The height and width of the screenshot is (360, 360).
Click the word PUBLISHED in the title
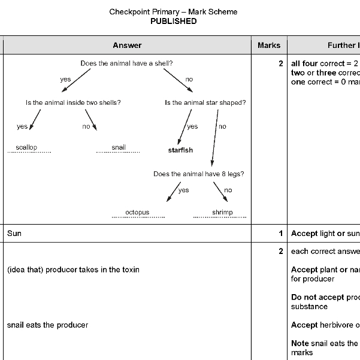[x=173, y=21]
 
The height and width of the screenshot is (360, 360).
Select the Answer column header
[x=127, y=45]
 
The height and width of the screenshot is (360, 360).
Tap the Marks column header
[x=269, y=45]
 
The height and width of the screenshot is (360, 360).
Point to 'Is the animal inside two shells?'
[x=73, y=102]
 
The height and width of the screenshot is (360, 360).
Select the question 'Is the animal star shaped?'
[x=205, y=102]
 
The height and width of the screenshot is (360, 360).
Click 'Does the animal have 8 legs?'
[x=198, y=174]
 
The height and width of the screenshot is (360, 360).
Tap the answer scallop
[x=26, y=147]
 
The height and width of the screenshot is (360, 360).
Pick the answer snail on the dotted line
[x=119, y=147]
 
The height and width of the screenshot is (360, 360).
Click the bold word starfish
[x=180, y=150]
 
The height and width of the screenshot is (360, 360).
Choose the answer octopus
[x=137, y=212]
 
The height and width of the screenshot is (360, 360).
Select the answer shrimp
[x=222, y=212]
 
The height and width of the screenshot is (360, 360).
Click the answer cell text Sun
[x=14, y=233]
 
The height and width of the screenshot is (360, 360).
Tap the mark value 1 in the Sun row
[x=280, y=233]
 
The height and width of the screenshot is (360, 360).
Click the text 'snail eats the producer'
[x=47, y=325]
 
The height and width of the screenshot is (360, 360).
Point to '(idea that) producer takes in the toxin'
[x=73, y=270]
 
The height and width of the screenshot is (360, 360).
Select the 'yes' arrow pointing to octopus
[x=172, y=191]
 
